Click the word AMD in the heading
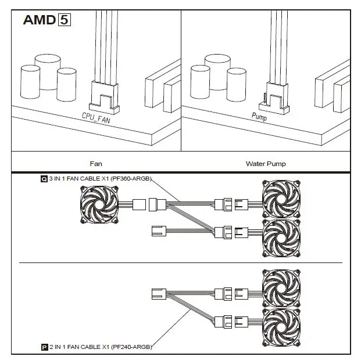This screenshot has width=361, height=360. [x=39, y=20]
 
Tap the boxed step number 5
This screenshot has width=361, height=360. [x=63, y=20]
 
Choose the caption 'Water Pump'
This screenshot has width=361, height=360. [x=266, y=164]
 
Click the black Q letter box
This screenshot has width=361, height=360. [x=44, y=179]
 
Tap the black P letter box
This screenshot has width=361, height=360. [x=44, y=347]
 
